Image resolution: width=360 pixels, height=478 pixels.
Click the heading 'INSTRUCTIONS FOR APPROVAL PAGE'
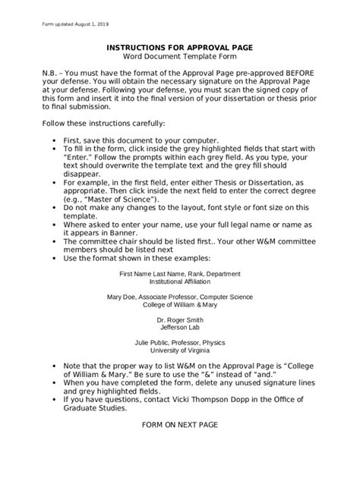(180, 46)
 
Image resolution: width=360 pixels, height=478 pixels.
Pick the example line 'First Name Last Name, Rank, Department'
(178, 272)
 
